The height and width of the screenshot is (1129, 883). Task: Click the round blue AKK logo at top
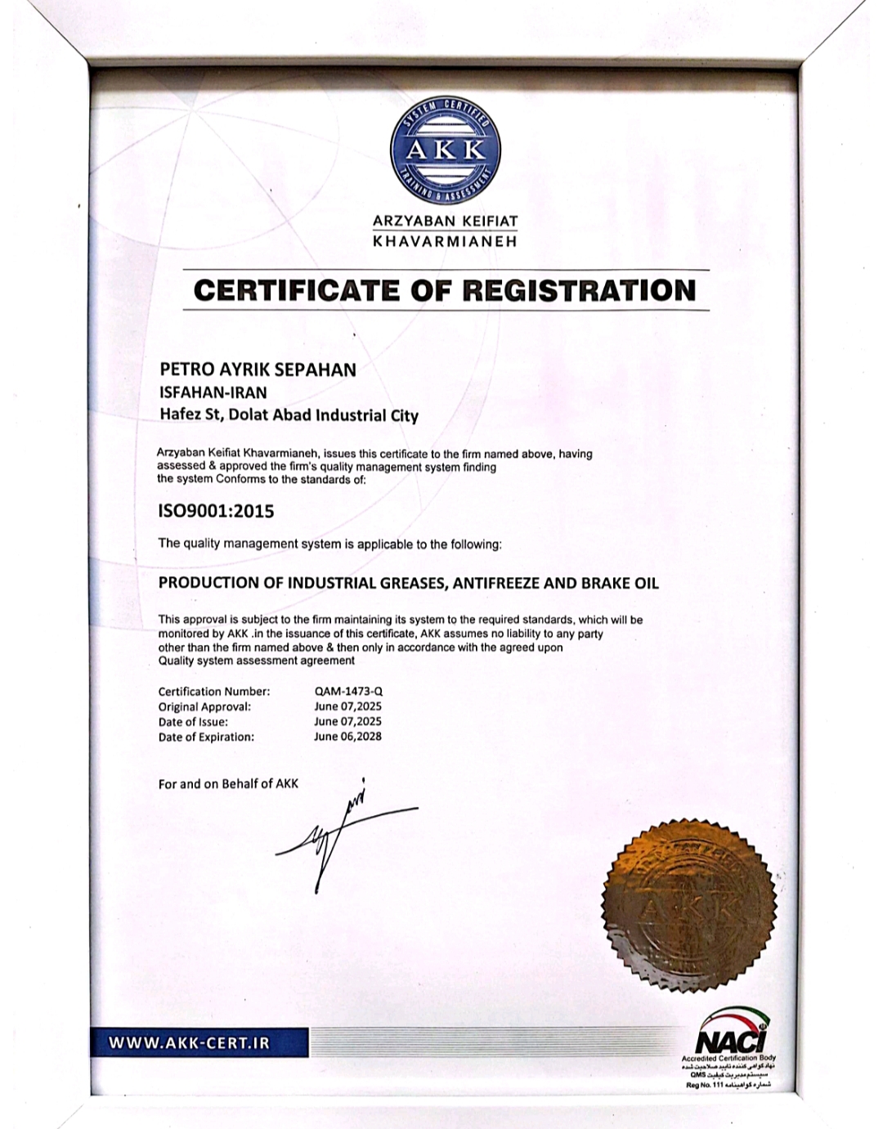click(x=445, y=151)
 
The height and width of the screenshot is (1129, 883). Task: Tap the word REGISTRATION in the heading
click(x=580, y=290)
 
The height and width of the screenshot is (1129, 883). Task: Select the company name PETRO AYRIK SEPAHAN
click(x=258, y=370)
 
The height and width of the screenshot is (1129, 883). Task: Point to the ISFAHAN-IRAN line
click(x=213, y=392)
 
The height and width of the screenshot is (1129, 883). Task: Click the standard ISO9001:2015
click(x=216, y=512)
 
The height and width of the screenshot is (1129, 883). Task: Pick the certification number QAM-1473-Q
click(x=348, y=692)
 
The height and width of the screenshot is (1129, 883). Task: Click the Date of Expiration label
click(x=206, y=737)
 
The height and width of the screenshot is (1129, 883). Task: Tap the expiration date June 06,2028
click(x=347, y=737)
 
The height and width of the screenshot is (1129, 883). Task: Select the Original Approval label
click(x=204, y=707)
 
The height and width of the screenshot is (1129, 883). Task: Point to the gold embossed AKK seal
click(x=688, y=903)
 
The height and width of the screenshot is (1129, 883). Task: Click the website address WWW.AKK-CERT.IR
click(x=189, y=1043)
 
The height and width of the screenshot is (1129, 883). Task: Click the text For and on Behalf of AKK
click(x=228, y=784)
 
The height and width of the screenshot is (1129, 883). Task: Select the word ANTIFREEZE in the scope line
click(x=495, y=584)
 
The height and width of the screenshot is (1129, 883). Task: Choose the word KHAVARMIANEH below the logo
click(x=445, y=242)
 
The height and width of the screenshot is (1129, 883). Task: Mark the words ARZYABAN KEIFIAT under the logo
click(x=445, y=221)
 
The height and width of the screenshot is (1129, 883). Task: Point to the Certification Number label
click(x=213, y=692)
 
